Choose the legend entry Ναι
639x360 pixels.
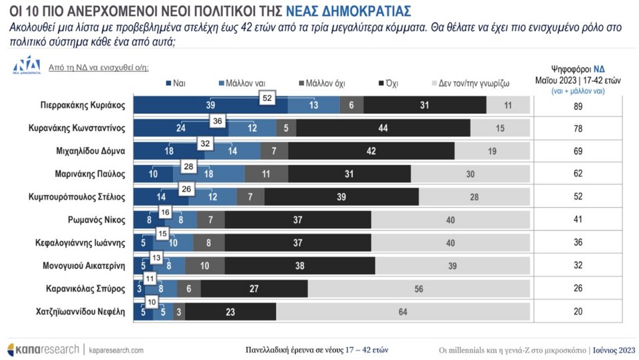click(x=175, y=83)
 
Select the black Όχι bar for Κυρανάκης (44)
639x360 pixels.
click(x=383, y=128)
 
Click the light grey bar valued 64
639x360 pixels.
click(x=403, y=311)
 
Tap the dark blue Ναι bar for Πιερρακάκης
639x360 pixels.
click(x=211, y=105)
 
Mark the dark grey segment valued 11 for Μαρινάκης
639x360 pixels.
click(x=265, y=174)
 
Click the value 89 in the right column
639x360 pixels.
click(x=578, y=105)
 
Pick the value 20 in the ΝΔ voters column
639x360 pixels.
click(x=578, y=311)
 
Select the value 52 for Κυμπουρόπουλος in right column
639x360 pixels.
click(x=578, y=197)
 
